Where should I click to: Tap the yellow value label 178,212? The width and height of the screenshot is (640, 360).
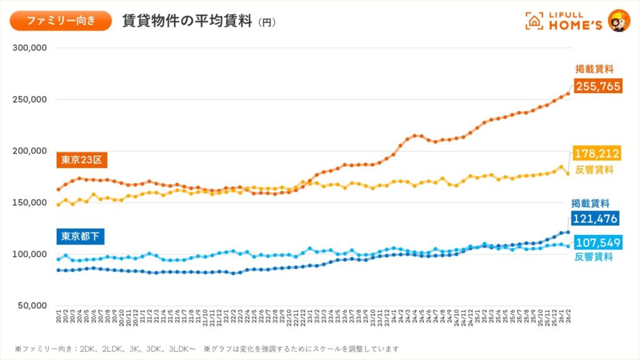[596, 153]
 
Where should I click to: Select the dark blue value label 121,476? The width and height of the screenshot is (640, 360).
[594, 219]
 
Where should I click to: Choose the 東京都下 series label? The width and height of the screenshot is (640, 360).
[81, 236]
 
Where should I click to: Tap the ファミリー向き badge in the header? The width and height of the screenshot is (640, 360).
[61, 21]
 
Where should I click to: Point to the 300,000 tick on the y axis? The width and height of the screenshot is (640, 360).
[31, 48]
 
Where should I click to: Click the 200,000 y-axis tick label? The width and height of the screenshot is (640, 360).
[31, 151]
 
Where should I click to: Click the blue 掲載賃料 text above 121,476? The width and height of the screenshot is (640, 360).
[591, 203]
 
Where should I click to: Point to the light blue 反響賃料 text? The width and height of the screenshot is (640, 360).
[594, 257]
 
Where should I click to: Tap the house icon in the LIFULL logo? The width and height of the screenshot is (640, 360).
[534, 21]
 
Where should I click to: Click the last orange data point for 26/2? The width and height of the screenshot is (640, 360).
[567, 94]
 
